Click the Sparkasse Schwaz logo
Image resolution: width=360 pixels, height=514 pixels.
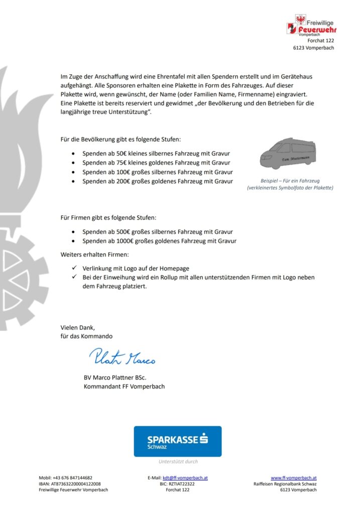177,441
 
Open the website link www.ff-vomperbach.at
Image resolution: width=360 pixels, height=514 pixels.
294,478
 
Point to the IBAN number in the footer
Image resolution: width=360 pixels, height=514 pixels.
73,484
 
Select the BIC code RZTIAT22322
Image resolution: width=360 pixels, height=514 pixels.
178,484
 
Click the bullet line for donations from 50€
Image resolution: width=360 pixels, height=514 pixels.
156,154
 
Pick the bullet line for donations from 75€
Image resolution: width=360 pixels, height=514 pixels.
156,163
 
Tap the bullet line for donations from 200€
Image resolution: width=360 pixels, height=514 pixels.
157,181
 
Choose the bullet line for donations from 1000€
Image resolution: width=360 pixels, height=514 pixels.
159,241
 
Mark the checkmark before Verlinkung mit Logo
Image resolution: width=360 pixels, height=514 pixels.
74,268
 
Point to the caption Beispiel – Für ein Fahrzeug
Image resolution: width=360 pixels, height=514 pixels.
290,180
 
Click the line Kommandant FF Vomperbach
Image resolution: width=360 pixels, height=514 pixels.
124,387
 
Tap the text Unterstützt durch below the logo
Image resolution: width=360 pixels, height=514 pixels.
178,461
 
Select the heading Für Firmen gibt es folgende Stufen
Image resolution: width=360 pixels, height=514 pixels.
108,218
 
